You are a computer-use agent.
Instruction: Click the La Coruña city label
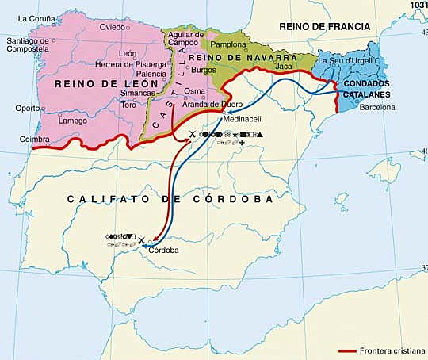[35, 17]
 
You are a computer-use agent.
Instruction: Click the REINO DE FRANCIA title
[324, 27]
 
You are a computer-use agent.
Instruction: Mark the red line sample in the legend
[350, 350]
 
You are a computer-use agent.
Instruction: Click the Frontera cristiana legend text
[394, 350]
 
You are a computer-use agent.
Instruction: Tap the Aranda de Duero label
[213, 105]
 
